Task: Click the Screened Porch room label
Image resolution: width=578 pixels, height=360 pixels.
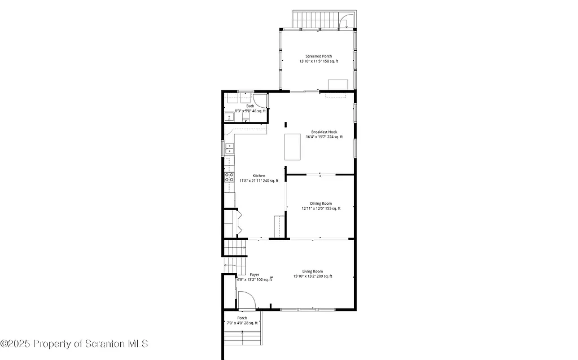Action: click(x=318, y=56)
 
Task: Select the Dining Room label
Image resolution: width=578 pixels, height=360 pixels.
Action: click(x=321, y=203)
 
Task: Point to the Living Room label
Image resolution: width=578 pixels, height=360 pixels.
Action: click(x=312, y=271)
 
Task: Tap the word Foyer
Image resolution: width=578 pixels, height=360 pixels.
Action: click(x=255, y=274)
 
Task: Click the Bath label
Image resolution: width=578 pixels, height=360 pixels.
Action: click(x=250, y=106)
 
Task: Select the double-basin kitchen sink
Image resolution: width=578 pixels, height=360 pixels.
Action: click(x=229, y=149)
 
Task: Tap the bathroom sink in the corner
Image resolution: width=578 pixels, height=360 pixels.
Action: click(x=230, y=117)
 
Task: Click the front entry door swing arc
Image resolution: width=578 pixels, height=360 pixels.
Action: click(x=246, y=300)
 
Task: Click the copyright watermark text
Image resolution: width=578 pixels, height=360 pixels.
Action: click(x=74, y=343)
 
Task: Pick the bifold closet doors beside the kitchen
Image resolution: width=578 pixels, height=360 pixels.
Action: click(x=239, y=222)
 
